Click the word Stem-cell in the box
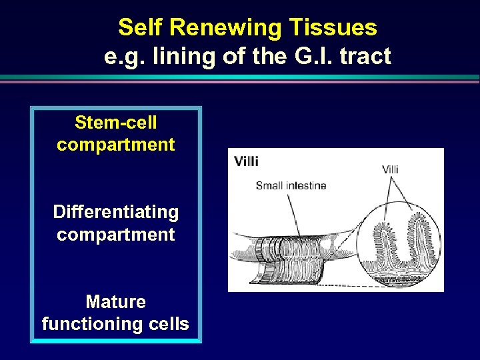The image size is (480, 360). [116, 123]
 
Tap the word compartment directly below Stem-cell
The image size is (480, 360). [116, 145]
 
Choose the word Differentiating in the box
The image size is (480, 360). [116, 213]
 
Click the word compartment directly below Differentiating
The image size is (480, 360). [116, 235]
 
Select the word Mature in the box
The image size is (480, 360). [116, 302]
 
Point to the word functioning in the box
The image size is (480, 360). [87, 324]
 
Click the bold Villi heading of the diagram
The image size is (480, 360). [246, 161]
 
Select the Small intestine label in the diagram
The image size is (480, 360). [291, 185]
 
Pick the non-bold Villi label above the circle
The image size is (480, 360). [390, 169]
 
